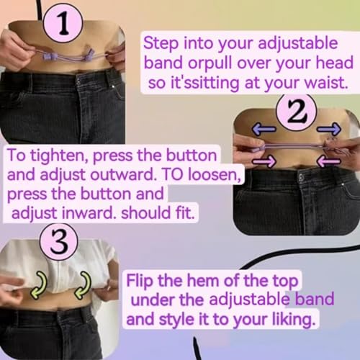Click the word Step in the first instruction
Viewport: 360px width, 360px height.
click(163, 42)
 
